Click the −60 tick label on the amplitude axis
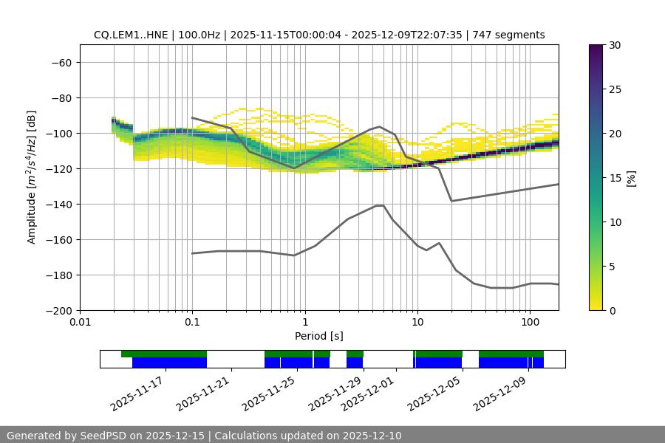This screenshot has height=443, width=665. pyautogui.click(x=60, y=62)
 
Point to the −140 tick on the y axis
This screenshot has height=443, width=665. pyautogui.click(x=60, y=204)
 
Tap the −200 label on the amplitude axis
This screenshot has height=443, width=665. pyautogui.click(x=60, y=310)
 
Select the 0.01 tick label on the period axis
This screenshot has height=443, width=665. pyautogui.click(x=80, y=323)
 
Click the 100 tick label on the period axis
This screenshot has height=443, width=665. pyautogui.click(x=530, y=323)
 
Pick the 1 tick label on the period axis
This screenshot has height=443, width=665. pyautogui.click(x=304, y=323)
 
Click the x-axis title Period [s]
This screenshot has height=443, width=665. pyautogui.click(x=319, y=336)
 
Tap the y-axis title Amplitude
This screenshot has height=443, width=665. pyautogui.click(x=32, y=177)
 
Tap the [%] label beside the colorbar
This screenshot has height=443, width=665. pyautogui.click(x=631, y=178)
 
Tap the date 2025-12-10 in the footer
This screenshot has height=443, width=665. pyautogui.click(x=369, y=436)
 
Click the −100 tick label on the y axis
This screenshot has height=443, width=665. pyautogui.click(x=60, y=133)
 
